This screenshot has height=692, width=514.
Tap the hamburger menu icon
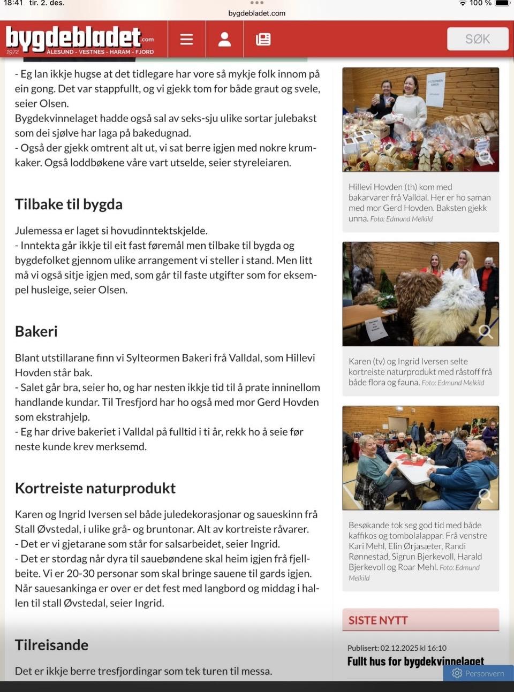click(x=186, y=39)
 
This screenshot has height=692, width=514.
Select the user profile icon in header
click(x=225, y=39)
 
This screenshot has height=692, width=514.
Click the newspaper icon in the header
click(x=263, y=39)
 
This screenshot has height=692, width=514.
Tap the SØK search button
click(x=477, y=39)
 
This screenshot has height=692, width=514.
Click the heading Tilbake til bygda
click(x=69, y=204)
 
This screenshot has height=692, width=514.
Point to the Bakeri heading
click(x=36, y=331)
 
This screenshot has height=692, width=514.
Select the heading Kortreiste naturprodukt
click(x=95, y=488)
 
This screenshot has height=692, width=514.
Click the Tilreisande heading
click(x=51, y=645)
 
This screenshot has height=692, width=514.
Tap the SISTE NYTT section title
click(x=378, y=620)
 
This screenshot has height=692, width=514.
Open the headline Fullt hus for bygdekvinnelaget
click(x=415, y=661)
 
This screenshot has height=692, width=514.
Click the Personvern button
click(x=478, y=673)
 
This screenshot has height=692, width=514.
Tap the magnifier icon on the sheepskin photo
click(x=486, y=331)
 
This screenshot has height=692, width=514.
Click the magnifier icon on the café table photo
click(x=486, y=495)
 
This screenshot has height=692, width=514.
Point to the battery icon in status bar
click(x=502, y=3)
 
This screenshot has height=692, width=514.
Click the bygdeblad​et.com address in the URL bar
click(x=257, y=13)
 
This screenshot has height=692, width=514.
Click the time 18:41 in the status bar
click(x=13, y=3)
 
